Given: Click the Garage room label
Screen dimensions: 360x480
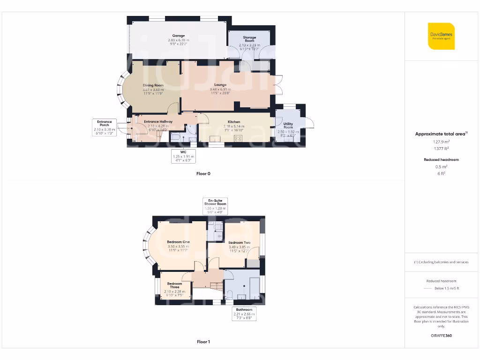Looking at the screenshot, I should pos(178,36).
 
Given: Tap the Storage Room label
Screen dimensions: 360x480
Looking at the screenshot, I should pos(249,39).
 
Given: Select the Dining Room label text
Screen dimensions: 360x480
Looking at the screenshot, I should pos(153,85).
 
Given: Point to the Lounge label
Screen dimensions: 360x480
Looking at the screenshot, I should pos(220,85).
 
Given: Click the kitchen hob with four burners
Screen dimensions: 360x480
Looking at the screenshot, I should pos(238,138).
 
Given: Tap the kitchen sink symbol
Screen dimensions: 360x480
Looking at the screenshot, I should pos(216,139).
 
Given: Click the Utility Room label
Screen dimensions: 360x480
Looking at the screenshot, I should pos(288,126).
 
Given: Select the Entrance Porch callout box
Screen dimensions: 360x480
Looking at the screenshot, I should pos(104,127).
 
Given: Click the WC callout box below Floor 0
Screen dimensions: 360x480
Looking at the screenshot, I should pos(183,156).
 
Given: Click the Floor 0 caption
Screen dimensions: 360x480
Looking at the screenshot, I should pos(203,173).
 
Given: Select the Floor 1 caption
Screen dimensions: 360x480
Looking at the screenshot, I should pos(203,342).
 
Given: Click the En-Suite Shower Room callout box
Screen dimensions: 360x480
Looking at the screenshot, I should pos(215,206).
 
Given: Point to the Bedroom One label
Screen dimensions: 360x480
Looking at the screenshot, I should pos(178,242).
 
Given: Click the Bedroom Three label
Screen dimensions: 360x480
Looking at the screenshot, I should pos(175,285).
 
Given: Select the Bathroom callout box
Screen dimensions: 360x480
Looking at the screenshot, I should pos(244,314).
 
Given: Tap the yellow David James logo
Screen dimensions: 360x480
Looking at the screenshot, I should pos(442,36).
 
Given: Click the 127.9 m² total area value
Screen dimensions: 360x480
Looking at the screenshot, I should pos(441,141).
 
